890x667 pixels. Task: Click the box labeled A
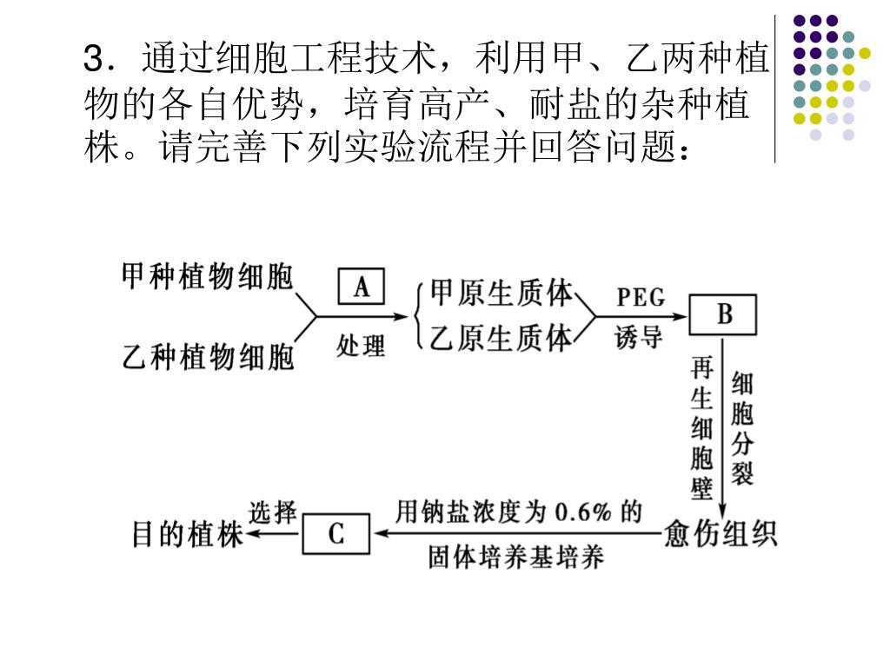point(362,287)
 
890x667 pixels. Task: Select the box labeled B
point(723,314)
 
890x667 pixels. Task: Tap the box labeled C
point(335,533)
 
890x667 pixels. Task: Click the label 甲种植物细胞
point(208,278)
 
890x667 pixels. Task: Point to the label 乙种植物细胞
point(208,357)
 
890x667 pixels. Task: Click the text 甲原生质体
point(501,294)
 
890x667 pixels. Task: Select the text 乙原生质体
point(501,338)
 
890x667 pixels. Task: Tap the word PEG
point(641,298)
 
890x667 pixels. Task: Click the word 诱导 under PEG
point(639,338)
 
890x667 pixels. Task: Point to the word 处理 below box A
point(361,346)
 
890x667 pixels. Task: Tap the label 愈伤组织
point(721,532)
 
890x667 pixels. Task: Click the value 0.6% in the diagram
point(583,512)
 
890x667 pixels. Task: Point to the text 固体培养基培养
point(515,557)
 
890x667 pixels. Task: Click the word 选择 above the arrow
point(273,512)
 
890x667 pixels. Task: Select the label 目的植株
point(187,533)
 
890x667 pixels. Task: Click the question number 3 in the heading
point(94,61)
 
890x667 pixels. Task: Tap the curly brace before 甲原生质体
point(421,316)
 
